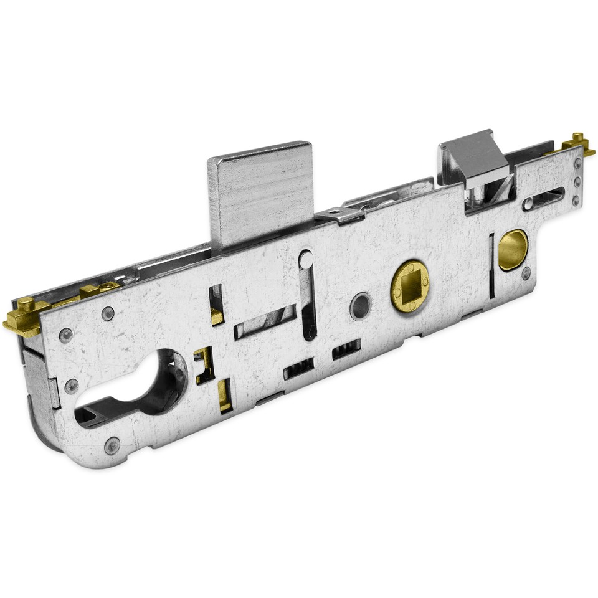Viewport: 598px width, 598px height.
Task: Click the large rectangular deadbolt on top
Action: (x=260, y=193)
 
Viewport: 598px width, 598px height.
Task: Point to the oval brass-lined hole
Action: (x=513, y=249)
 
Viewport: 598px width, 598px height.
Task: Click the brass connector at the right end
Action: (x=576, y=145)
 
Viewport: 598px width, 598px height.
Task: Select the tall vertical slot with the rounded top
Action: (x=307, y=293)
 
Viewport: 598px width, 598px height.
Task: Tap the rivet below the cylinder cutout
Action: (x=112, y=445)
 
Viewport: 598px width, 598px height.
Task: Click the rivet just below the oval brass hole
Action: (x=526, y=273)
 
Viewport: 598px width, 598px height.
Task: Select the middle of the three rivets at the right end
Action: (x=576, y=182)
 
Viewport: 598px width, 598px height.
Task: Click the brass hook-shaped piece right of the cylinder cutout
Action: (x=203, y=364)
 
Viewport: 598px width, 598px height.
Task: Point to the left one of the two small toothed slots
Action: (x=298, y=369)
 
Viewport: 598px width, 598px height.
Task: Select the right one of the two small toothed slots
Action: (x=347, y=351)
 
